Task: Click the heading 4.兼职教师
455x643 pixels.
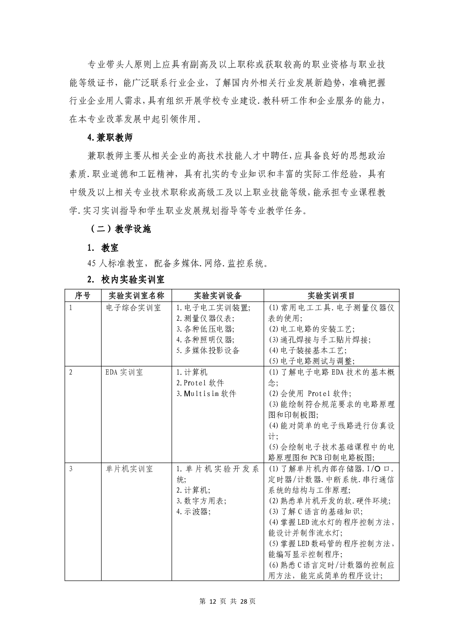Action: click(110, 138)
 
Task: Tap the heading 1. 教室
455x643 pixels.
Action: click(103, 248)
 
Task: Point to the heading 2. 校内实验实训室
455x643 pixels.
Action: click(126, 279)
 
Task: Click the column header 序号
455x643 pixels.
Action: click(83, 296)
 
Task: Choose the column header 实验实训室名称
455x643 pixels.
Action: click(136, 296)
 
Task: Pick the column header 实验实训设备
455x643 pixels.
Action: click(217, 296)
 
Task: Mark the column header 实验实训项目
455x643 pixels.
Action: click(331, 296)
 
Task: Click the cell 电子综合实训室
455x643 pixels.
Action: click(133, 308)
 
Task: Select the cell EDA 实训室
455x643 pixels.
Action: click(124, 372)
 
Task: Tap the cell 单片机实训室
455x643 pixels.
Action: click(129, 469)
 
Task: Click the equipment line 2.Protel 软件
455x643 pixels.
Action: click(200, 383)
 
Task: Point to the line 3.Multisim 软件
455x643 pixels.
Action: click(206, 394)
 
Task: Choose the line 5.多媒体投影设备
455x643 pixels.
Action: click(208, 351)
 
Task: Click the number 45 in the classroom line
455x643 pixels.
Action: click(91, 264)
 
